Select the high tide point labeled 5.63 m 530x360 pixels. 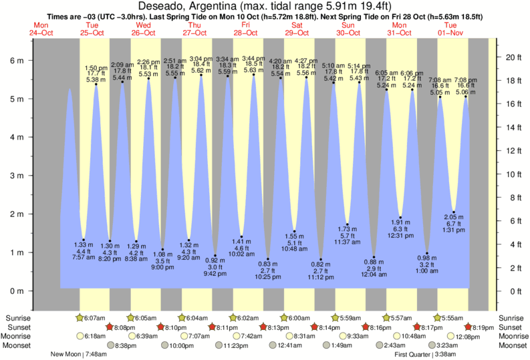click(254, 75)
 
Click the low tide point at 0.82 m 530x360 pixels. click(321, 259)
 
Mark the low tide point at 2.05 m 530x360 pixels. click(454, 212)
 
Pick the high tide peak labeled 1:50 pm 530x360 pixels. click(96, 84)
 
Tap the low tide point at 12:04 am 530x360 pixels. click(374, 257)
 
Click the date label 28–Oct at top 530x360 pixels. click(245, 31)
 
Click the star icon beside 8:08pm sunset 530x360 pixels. click(110, 327)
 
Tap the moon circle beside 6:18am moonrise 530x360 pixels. click(81, 337)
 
